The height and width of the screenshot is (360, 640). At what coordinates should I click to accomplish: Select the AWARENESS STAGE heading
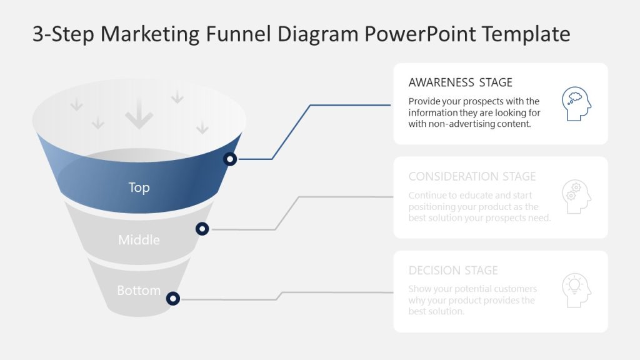460,82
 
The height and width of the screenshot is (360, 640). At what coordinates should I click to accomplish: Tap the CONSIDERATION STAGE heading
472,176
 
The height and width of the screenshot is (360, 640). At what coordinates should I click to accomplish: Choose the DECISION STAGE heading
453,271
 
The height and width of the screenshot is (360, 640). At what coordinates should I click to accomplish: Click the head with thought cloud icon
576,104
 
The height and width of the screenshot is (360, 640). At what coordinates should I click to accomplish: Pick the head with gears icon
576,197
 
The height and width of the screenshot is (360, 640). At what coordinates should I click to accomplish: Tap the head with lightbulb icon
576,291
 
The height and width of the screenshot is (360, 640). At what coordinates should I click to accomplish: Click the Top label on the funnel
139,187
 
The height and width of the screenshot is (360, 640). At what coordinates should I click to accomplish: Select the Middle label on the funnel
139,240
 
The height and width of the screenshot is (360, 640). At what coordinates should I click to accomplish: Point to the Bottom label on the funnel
139,291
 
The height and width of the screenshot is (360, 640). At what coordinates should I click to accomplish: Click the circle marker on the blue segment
231,159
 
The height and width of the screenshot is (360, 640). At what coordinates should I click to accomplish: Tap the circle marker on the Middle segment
202,229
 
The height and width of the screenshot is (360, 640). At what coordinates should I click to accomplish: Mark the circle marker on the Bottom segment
173,299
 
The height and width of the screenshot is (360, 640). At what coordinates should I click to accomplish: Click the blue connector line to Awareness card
291,132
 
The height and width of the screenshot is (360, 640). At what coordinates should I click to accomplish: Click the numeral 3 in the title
38,34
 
